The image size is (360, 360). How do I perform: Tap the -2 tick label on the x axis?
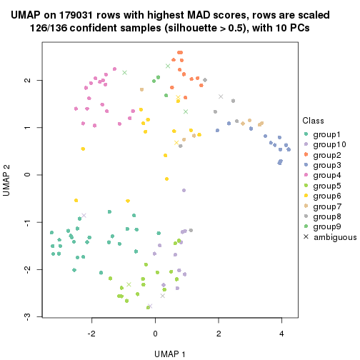point(91,332)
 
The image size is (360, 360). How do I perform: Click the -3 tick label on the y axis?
point(27,316)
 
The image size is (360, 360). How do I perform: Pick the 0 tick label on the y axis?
point(27,175)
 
